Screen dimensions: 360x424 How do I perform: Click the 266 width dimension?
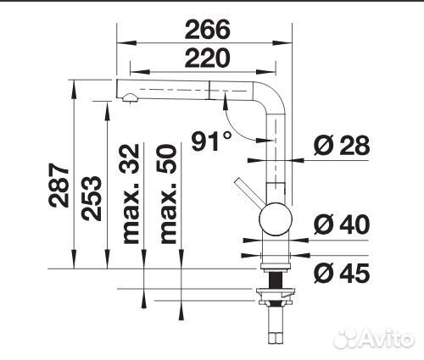click(206, 30)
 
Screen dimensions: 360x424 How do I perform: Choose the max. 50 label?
click(168, 193)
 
